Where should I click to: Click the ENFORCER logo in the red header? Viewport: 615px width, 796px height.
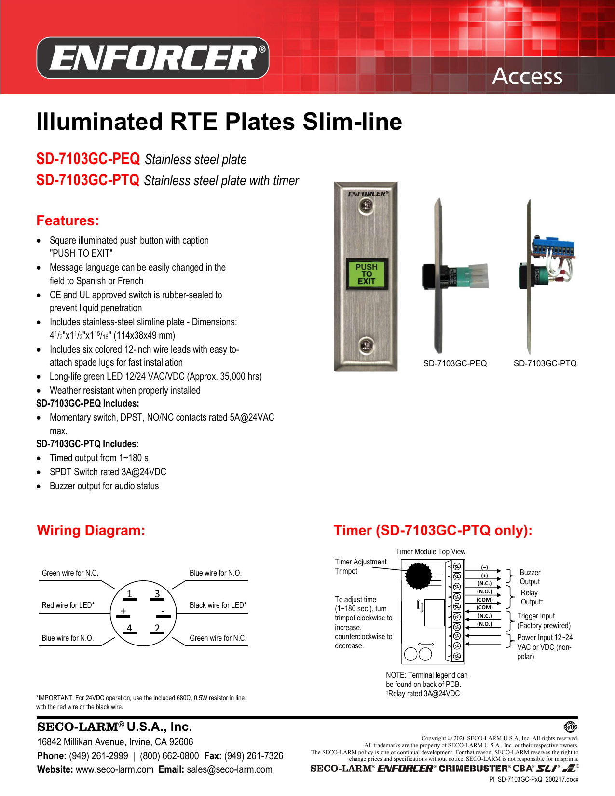click(153, 58)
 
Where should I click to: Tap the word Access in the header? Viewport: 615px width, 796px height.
click(527, 76)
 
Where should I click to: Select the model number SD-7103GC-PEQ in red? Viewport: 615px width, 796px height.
click(88, 159)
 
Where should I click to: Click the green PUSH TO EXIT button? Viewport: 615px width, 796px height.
click(367, 274)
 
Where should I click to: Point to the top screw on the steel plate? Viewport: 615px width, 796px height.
click(366, 206)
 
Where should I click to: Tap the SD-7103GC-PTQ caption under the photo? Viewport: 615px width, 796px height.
click(545, 363)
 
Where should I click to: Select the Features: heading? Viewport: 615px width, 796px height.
click(68, 220)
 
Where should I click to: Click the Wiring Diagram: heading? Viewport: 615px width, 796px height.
click(91, 530)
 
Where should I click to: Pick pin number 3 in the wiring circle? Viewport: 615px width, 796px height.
click(157, 594)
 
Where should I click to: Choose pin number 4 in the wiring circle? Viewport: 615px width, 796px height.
click(129, 628)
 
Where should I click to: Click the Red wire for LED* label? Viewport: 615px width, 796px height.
click(68, 605)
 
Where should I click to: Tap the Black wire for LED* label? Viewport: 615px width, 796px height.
click(218, 605)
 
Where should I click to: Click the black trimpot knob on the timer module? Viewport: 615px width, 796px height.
click(418, 575)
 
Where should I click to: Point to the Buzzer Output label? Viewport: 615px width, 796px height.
click(530, 577)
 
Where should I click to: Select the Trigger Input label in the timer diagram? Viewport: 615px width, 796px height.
click(536, 616)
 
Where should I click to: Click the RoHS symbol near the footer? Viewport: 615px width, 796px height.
click(570, 727)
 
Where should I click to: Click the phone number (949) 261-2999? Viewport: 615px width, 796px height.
click(98, 756)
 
